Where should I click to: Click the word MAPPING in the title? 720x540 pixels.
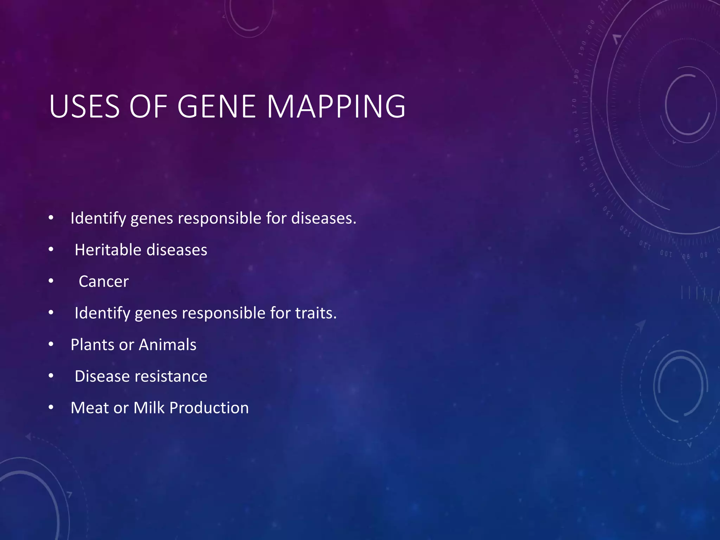[336, 106]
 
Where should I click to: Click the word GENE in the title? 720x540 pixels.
[216, 106]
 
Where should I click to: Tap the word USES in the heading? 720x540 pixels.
[84, 106]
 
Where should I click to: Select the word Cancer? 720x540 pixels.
[104, 282]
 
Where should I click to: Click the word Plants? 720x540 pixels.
[92, 345]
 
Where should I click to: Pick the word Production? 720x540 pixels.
[209, 408]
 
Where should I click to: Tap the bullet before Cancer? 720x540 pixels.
[51, 281]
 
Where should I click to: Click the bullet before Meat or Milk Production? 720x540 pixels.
[51, 407]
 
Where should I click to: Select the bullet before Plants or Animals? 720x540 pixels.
[51, 344]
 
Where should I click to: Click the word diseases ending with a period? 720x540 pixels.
[323, 218]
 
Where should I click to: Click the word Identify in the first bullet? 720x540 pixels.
[98, 218]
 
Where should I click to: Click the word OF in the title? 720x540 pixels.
[148, 106]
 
